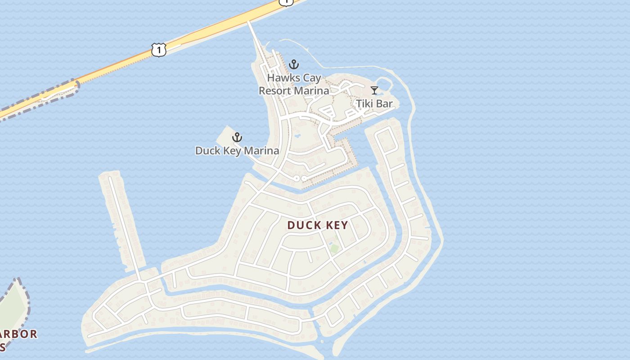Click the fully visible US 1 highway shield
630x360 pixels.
158,49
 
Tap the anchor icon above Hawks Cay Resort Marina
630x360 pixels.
294,64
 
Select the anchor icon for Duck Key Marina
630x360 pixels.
237,137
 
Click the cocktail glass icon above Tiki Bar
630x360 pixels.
374,90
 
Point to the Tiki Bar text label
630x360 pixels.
374,104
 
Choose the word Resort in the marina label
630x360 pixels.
275,91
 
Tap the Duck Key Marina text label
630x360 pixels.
237,151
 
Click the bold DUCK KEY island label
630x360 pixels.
318,225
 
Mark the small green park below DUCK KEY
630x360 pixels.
334,248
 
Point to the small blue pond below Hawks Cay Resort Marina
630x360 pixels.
297,135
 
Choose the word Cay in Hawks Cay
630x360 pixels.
312,78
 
